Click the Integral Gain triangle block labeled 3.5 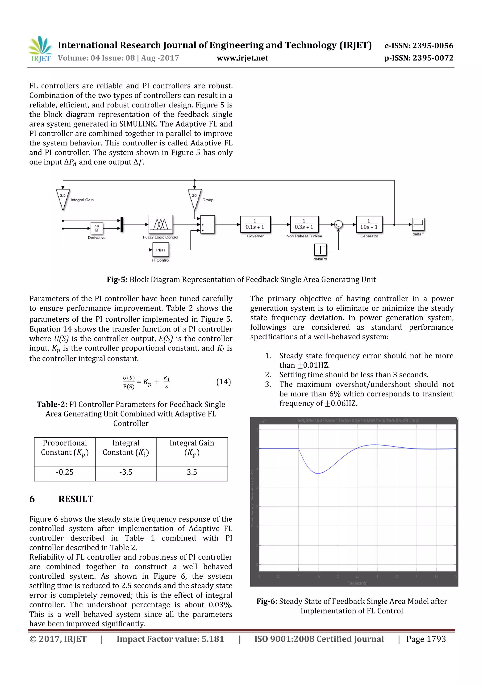click(63, 198)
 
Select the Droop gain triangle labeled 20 click(194, 198)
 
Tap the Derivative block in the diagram click(97, 228)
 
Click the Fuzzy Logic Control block click(160, 224)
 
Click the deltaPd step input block click(320, 250)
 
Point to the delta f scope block click(418, 224)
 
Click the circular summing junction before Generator click(338, 225)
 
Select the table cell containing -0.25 click(65, 472)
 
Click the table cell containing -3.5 click(126, 472)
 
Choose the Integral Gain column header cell click(192, 447)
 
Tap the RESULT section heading click(76, 499)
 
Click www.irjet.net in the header click(242, 58)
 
